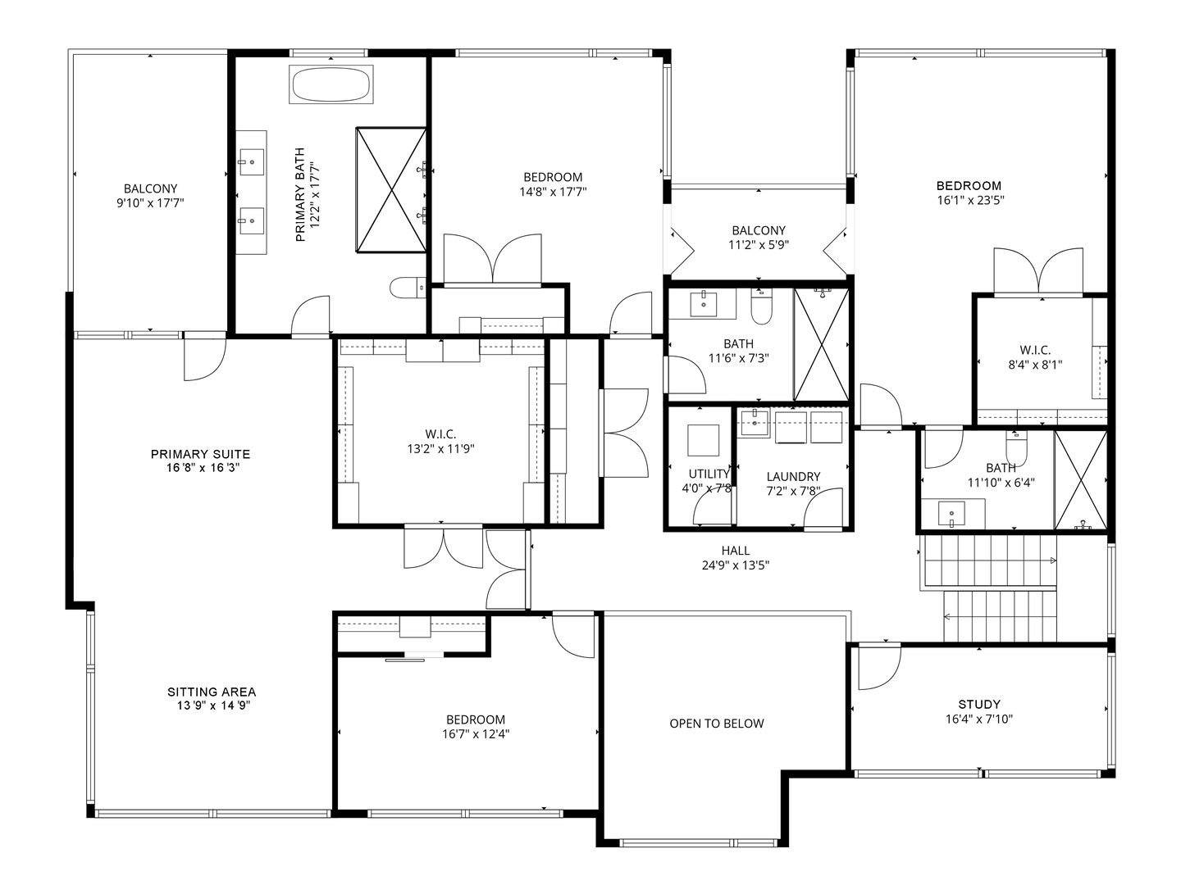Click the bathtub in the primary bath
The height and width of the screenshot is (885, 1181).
click(x=331, y=84)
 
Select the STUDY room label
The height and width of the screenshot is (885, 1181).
click(x=979, y=704)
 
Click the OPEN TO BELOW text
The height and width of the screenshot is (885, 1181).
click(x=717, y=724)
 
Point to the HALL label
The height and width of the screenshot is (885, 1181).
click(x=736, y=550)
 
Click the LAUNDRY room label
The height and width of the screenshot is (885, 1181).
click(x=793, y=476)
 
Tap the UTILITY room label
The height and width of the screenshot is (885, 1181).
click(x=709, y=474)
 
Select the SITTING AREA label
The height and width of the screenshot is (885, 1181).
click(x=212, y=692)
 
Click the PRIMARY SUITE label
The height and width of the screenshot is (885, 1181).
click(x=200, y=454)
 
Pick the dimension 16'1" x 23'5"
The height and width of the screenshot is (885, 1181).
click(x=969, y=201)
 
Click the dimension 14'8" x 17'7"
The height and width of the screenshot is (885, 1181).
click(x=553, y=191)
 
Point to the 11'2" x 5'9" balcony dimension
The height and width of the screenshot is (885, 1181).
click(x=759, y=245)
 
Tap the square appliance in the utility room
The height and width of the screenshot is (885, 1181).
click(x=703, y=440)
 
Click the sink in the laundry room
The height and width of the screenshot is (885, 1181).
click(x=755, y=422)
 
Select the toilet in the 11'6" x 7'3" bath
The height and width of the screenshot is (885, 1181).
click(x=761, y=306)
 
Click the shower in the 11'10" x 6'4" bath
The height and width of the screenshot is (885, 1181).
click(x=1080, y=480)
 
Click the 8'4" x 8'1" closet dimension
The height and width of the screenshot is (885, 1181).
click(x=1035, y=365)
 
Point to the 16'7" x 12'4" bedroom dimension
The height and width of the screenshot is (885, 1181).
click(x=476, y=734)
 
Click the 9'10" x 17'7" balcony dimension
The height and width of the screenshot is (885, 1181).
click(x=150, y=203)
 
